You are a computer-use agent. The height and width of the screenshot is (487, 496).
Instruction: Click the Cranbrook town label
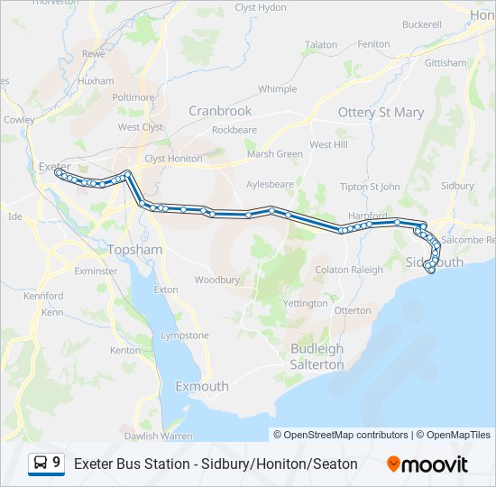pyautogui.click(x=219, y=111)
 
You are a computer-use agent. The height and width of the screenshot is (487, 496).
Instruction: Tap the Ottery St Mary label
pyautogui.click(x=381, y=113)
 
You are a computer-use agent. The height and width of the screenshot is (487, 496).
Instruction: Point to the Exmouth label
pyautogui.click(x=201, y=386)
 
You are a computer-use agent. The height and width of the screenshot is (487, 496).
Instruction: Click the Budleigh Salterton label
pyautogui.click(x=317, y=357)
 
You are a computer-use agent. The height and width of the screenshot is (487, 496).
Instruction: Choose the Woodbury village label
pyautogui.click(x=216, y=280)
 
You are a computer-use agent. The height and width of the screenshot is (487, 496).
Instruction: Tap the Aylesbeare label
pyautogui.click(x=270, y=183)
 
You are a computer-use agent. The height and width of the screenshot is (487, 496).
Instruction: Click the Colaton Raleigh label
pyautogui.click(x=348, y=270)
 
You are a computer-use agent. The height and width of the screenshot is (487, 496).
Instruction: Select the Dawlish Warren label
pyautogui.click(x=159, y=436)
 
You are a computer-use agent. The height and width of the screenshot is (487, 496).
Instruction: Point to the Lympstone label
pyautogui.click(x=184, y=335)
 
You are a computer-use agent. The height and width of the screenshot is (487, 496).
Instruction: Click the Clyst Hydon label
pyautogui.click(x=261, y=6)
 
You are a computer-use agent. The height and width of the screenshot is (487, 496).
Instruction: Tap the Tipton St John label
pyautogui.click(x=370, y=187)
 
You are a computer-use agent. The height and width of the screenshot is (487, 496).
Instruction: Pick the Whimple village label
pyautogui.click(x=277, y=89)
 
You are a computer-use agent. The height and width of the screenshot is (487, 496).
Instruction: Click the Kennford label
pyautogui.click(x=43, y=296)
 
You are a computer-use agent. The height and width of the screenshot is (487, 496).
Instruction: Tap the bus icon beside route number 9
pyautogui.click(x=41, y=464)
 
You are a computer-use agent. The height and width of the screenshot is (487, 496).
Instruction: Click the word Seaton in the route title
pyautogui.click(x=336, y=464)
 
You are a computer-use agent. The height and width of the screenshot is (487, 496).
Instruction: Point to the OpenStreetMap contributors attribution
pyautogui.click(x=346, y=435)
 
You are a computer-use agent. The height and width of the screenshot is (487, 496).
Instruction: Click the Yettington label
pyautogui.click(x=306, y=303)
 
